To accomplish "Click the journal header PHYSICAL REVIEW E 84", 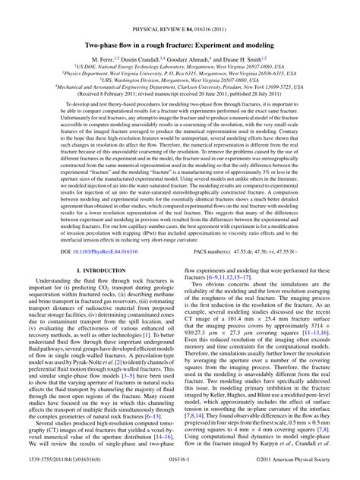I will coord(179,9).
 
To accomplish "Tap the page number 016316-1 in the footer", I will coord(179,471).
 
